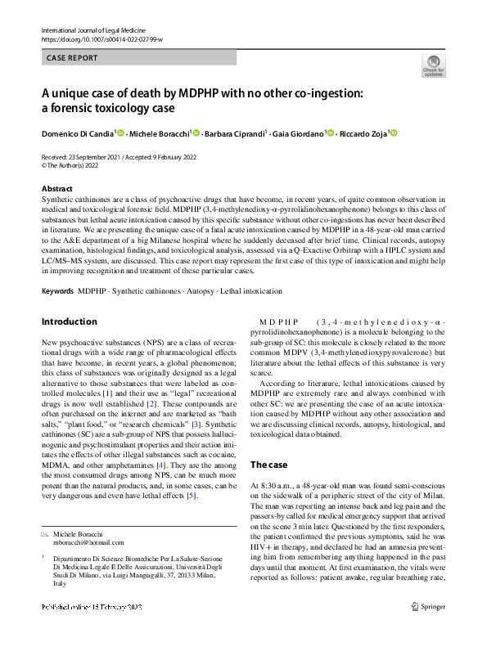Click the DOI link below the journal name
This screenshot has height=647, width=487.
tap(101, 40)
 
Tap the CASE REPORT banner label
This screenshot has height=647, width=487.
tap(72, 58)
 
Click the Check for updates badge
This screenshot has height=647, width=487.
tap(432, 66)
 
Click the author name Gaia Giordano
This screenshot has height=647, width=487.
tap(298, 133)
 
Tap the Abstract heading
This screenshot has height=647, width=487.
tap(56, 188)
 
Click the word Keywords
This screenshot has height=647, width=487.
tap(57, 291)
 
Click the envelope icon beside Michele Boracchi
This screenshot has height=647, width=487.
tap(45, 532)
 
